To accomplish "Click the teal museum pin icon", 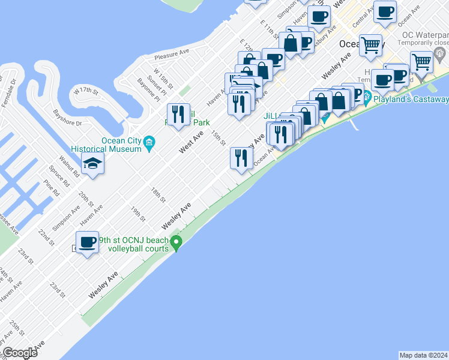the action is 149,142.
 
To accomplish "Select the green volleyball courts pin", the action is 176,244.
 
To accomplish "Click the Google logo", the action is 20,353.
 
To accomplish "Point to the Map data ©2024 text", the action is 423,355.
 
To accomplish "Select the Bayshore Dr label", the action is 67,117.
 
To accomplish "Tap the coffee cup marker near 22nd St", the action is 88,242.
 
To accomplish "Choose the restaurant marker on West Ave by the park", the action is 178,114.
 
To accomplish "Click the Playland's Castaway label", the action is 411,99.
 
